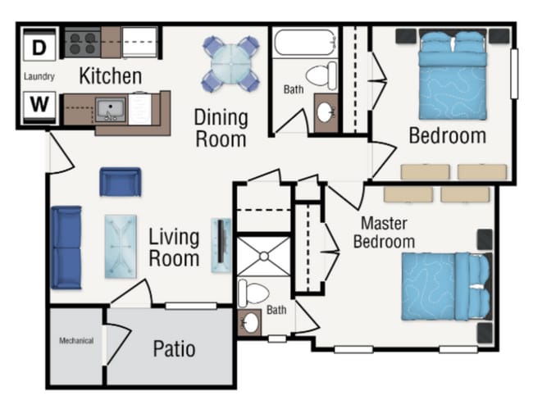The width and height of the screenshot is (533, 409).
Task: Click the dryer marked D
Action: coord(39,48)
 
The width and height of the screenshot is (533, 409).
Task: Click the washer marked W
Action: coord(39,105)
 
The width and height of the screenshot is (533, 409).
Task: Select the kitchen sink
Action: coord(109,109)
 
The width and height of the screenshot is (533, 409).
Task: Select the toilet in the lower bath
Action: coord(253,293)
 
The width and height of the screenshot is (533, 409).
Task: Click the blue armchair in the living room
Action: coord(121,181)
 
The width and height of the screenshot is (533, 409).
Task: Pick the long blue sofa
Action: coord(66,247)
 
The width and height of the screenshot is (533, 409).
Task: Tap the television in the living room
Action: coord(221,244)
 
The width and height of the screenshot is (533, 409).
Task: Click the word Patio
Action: coord(174,348)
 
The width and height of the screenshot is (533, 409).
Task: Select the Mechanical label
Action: coord(75,341)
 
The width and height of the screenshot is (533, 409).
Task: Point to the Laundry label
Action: coord(39,77)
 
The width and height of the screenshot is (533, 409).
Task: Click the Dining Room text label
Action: coord(220,128)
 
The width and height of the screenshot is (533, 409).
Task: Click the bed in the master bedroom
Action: coord(444,286)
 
